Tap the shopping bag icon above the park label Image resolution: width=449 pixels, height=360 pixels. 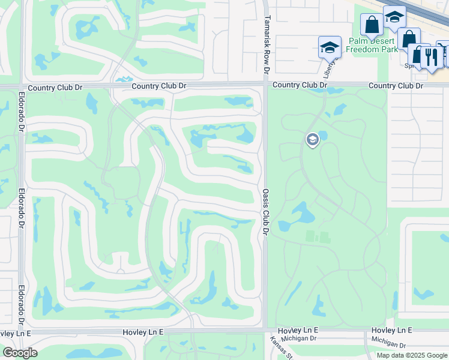click(372, 25)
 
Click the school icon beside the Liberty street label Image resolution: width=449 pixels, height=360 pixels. click(330, 48)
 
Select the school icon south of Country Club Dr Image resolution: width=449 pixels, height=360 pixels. click(312, 140)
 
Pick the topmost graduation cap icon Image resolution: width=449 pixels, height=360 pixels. click(394, 17)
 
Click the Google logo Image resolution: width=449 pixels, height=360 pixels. click(20, 353)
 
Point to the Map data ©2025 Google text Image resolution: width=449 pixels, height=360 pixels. click(412, 355)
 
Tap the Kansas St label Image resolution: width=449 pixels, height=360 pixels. click(281, 349)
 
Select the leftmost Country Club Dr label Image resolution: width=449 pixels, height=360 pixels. click(55, 88)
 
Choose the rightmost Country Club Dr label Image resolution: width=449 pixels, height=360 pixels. click(396, 86)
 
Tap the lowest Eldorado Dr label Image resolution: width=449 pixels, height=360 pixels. click(21, 302)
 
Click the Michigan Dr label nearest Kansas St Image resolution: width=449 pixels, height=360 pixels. click(298, 338)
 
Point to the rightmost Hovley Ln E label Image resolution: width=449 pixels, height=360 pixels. click(391, 331)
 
